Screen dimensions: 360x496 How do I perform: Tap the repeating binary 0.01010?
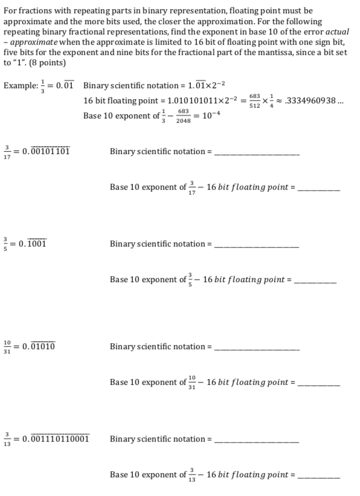(x=39, y=347)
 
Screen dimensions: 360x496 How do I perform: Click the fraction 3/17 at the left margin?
(x=7, y=152)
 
